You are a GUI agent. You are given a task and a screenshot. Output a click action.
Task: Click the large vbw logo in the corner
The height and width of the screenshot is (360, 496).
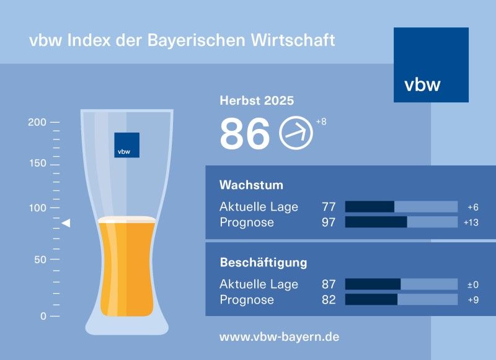pos(431,64)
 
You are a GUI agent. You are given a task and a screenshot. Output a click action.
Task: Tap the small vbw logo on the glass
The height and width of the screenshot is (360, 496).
pos(126,145)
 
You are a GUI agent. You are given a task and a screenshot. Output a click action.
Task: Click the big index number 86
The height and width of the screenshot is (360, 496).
pos(245,134)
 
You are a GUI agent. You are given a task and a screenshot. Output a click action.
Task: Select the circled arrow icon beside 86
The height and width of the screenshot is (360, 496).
pos(296,133)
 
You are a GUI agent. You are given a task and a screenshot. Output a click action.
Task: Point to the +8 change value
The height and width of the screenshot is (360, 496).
pos(321,121)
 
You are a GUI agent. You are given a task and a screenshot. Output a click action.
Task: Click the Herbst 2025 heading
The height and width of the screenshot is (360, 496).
pos(257,100)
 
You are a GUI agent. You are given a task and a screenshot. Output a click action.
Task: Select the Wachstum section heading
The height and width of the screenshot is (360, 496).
pos(251,185)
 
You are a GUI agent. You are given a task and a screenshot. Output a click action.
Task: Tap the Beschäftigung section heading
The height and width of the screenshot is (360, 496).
pos(263,263)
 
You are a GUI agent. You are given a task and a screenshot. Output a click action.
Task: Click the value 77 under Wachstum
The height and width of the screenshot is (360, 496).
pos(329,207)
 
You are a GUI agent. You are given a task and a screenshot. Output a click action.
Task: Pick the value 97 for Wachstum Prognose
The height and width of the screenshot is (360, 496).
pos(329,222)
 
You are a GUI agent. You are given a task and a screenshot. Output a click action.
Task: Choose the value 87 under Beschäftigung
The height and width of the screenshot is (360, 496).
pos(329,284)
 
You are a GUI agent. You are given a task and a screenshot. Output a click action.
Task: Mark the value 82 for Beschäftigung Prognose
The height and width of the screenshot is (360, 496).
pos(329,300)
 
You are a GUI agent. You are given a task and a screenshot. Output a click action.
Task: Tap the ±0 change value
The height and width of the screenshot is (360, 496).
pos(472,284)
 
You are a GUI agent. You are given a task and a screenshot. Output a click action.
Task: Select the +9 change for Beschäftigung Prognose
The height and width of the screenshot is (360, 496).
pos(473,300)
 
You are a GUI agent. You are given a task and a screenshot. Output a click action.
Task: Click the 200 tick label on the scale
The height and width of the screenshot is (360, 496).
pos(37,122)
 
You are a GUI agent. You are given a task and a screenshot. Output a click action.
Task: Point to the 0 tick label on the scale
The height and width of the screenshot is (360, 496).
pos(43,316)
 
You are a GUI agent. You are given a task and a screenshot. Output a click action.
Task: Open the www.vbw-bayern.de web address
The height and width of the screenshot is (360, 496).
pos(279,337)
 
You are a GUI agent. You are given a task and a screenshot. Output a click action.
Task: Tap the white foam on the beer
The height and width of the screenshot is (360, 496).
pos(126,219)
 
